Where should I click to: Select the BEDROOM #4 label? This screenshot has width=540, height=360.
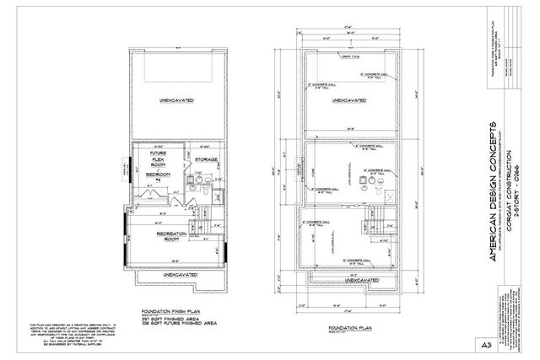[x=159, y=176]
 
